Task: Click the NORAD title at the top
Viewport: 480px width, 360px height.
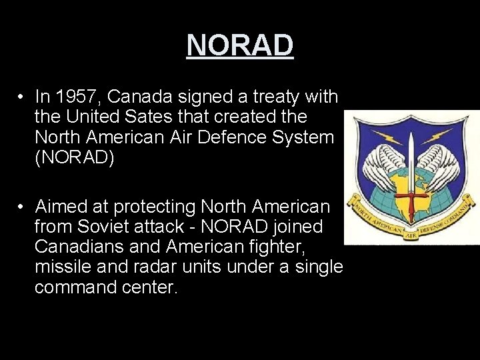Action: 240,45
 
